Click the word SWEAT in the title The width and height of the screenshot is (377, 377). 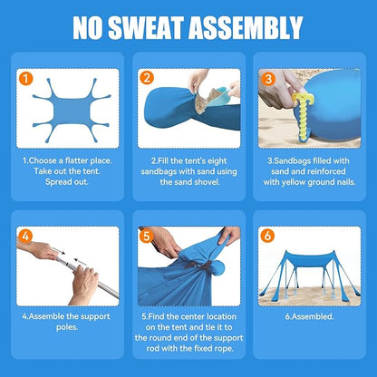point(146,27)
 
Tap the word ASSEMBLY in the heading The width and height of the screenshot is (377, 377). point(246,27)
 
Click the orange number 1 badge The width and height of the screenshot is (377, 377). point(26,78)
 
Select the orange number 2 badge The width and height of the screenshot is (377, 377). point(147,78)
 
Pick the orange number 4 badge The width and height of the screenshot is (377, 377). point(25,236)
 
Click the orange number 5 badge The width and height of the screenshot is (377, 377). point(147,236)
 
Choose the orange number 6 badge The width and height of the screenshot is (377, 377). point(267,236)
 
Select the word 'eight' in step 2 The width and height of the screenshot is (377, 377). point(217,161)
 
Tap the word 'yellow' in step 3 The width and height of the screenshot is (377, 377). point(293,182)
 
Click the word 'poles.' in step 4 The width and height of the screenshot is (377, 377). point(67,327)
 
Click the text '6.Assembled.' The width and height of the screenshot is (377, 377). point(309,317)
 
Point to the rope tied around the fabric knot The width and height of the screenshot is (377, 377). point(199,266)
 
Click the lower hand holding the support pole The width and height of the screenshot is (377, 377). point(83,284)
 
